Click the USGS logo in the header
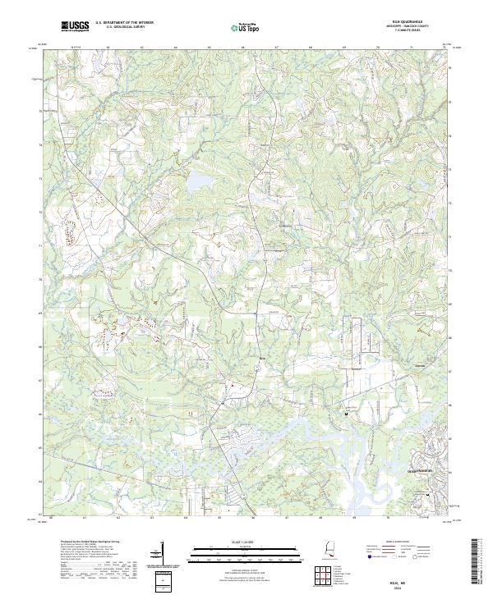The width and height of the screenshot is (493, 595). coord(76,26)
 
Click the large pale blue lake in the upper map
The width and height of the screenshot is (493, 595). coord(200,183)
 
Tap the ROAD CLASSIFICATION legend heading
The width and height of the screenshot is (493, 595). coord(400,542)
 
